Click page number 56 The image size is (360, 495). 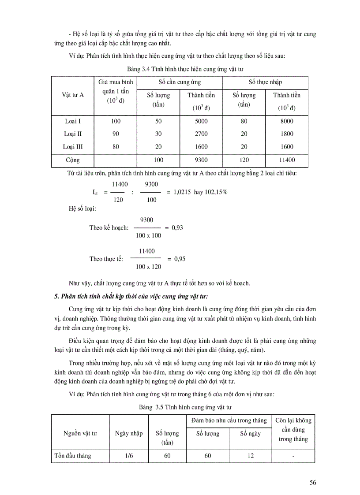coord(312,482)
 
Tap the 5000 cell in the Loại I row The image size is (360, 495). coord(201,121)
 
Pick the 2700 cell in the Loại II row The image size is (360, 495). coord(201,134)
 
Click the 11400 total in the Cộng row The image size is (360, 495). coord(286,160)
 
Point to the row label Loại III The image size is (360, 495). coord(73,147)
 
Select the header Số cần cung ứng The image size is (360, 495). coord(180,82)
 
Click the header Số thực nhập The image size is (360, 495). coord(265,82)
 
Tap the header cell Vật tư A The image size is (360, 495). coord(73,95)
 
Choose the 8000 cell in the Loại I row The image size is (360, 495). coord(286,121)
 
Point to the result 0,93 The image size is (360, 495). coord(177,228)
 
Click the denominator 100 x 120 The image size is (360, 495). coord(149,266)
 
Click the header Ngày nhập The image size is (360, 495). coord(129,433)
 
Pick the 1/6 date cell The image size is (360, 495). coord(129,456)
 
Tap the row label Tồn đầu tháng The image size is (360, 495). coord(73,456)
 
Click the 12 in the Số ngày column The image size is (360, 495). coord(250,456)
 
